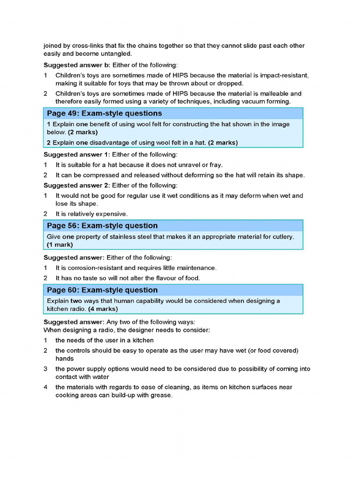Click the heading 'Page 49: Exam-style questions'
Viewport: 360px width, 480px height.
(104, 113)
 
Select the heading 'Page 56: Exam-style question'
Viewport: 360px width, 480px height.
(102, 225)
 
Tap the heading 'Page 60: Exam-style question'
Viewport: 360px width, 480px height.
(102, 290)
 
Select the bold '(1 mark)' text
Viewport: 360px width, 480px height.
(60, 245)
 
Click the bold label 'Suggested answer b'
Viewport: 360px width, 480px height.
(76, 65)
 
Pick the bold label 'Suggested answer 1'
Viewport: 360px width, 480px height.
(76, 154)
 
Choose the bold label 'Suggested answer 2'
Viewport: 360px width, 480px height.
(76, 185)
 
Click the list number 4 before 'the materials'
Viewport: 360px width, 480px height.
(46, 387)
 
